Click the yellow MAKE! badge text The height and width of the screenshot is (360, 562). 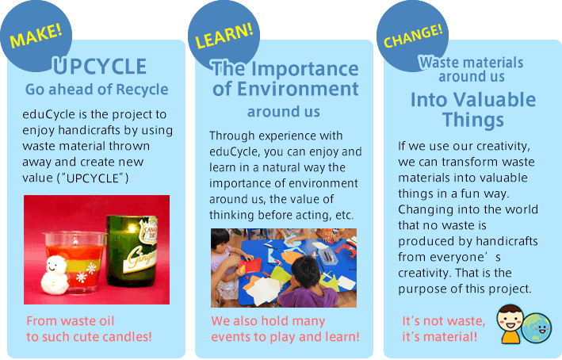point(36,36)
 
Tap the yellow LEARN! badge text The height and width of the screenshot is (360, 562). point(224,36)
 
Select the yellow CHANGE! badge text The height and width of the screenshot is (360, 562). point(413,36)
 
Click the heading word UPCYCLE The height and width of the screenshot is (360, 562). point(100,67)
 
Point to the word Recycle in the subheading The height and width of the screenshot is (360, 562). point(142,90)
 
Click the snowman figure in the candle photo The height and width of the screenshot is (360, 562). point(55,275)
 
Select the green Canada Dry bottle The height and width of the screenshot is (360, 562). point(132,251)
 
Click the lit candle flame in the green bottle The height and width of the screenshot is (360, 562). point(132,228)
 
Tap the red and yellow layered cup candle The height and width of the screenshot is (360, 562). point(75,262)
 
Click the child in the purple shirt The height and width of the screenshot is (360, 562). point(308,282)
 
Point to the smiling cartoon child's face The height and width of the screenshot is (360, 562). point(510,319)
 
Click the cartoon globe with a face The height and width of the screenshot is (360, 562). point(536,328)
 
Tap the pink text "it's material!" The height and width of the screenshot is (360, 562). point(439,337)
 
